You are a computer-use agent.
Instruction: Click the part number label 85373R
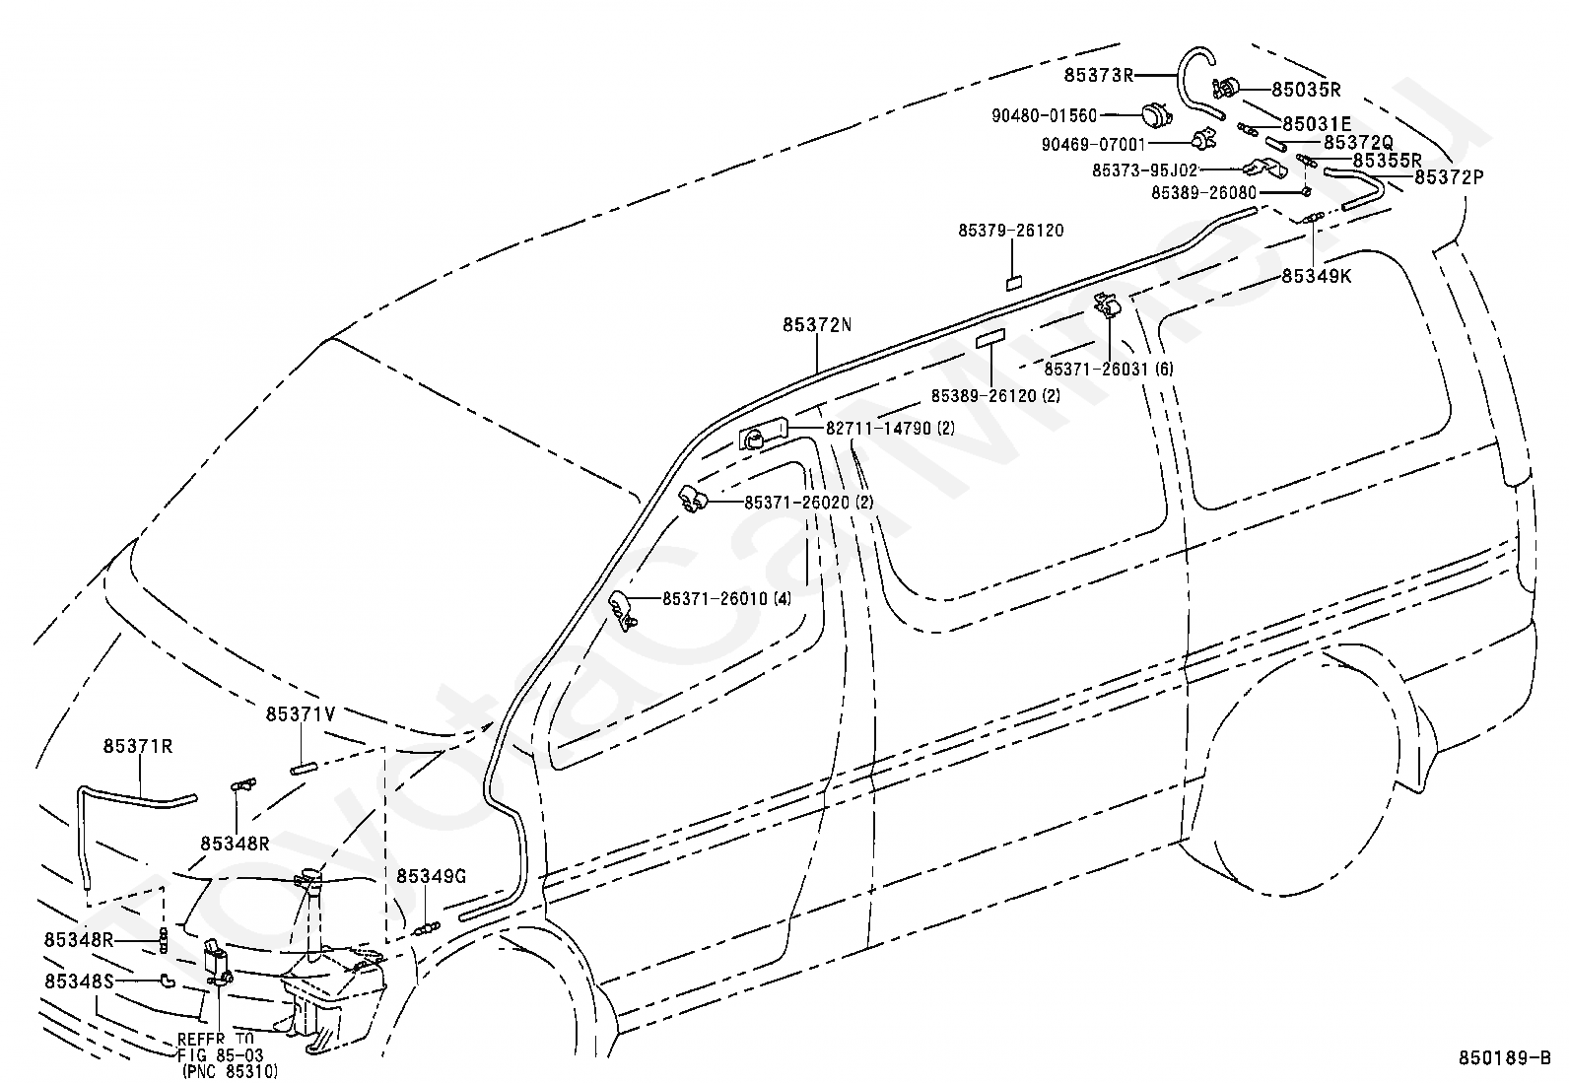point(1098,75)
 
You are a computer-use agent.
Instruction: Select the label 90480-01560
point(1044,115)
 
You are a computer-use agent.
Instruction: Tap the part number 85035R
point(1306,90)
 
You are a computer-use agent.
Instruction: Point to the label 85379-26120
point(1011,231)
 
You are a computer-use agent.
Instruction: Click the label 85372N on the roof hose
point(817,325)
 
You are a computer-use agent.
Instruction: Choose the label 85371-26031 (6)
point(1108,369)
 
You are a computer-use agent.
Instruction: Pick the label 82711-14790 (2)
point(890,428)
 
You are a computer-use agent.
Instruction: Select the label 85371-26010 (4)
point(726,599)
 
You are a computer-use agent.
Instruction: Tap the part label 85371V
point(301,713)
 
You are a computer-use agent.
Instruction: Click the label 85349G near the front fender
point(432,876)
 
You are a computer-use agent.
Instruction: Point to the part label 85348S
point(79,981)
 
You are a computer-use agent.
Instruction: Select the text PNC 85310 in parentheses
point(230,1070)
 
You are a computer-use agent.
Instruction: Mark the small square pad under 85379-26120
point(1013,283)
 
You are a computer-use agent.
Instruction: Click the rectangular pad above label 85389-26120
point(990,338)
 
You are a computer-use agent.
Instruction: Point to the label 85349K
point(1317,276)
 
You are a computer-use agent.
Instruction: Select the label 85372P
point(1449,176)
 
